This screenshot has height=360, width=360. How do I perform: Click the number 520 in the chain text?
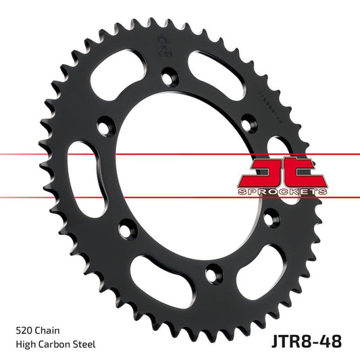pyautogui.click(x=23, y=331)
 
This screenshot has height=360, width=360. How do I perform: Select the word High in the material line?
pyautogui.click(x=26, y=344)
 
